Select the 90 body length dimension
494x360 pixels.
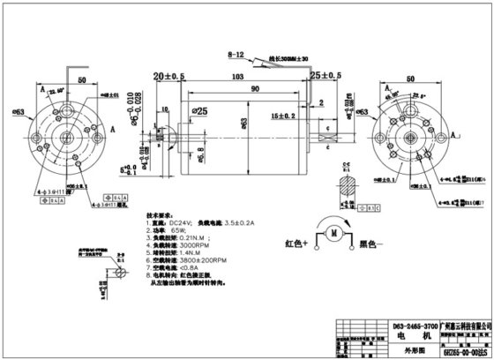click(229, 90)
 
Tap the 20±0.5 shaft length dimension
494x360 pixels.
click(168, 77)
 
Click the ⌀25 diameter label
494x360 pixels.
click(200, 112)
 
